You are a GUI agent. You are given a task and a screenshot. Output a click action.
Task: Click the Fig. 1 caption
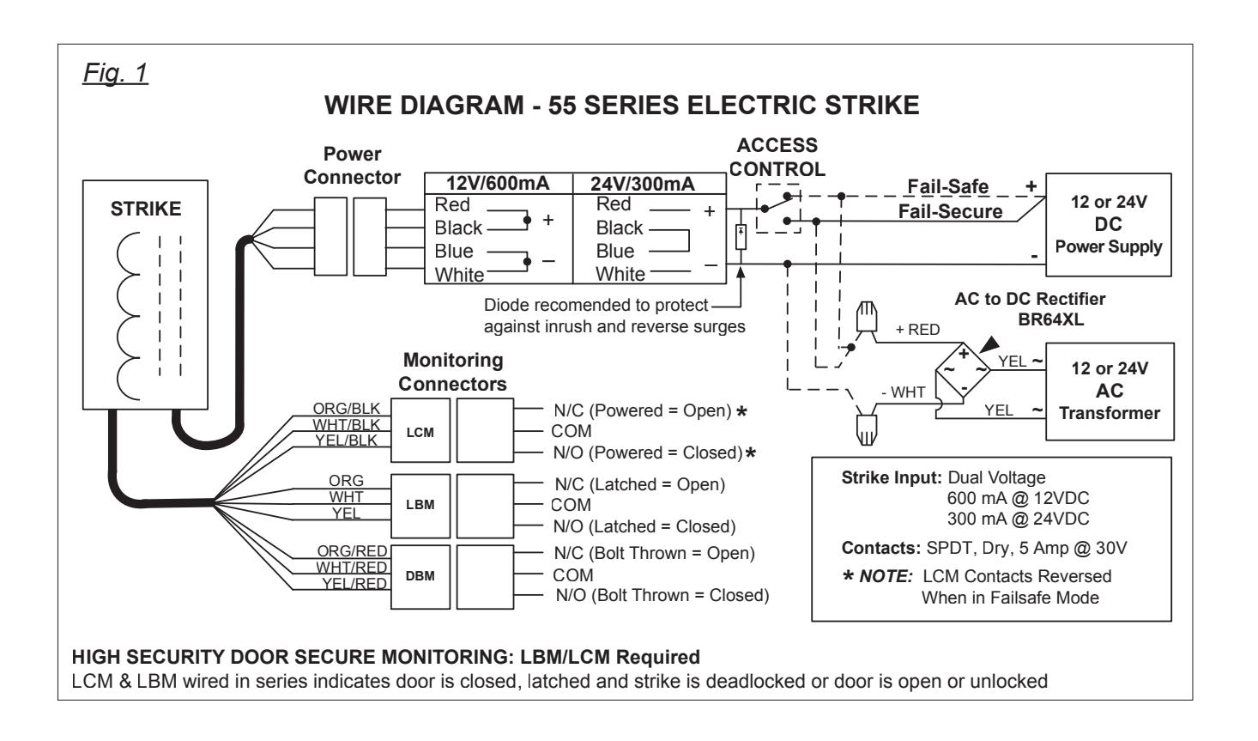point(115,73)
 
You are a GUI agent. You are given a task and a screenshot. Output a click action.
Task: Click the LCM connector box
point(420,431)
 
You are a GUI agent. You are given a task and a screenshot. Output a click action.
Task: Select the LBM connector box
point(420,506)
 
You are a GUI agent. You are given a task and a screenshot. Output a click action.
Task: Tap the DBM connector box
point(420,577)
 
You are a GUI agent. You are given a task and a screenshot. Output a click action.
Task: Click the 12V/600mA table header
point(498,184)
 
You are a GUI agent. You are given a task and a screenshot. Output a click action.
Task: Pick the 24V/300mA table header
point(643,184)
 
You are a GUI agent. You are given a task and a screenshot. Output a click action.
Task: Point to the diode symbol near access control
point(741,236)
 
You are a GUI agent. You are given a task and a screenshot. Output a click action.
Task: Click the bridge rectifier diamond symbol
point(963,371)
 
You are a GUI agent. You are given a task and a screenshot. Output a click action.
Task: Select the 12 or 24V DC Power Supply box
point(1108,225)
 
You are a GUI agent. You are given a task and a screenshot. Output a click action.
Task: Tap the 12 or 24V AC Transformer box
point(1110,392)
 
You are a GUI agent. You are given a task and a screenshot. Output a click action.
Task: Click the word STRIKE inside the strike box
point(146,209)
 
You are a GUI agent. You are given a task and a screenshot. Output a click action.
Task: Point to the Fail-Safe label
point(948,186)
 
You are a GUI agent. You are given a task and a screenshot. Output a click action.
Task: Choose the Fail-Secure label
point(950,212)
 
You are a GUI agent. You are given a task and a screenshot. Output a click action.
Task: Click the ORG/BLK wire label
point(346,409)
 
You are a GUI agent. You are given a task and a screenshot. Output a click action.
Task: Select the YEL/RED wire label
point(354,584)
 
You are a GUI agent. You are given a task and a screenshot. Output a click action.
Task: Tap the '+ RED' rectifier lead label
point(917,330)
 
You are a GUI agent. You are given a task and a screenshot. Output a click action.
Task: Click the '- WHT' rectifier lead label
point(903,392)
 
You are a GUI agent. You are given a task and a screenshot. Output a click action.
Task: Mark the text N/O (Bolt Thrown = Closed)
point(662,596)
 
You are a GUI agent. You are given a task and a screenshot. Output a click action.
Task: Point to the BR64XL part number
point(1051,319)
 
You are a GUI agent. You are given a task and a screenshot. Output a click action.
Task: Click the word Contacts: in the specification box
point(880,549)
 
